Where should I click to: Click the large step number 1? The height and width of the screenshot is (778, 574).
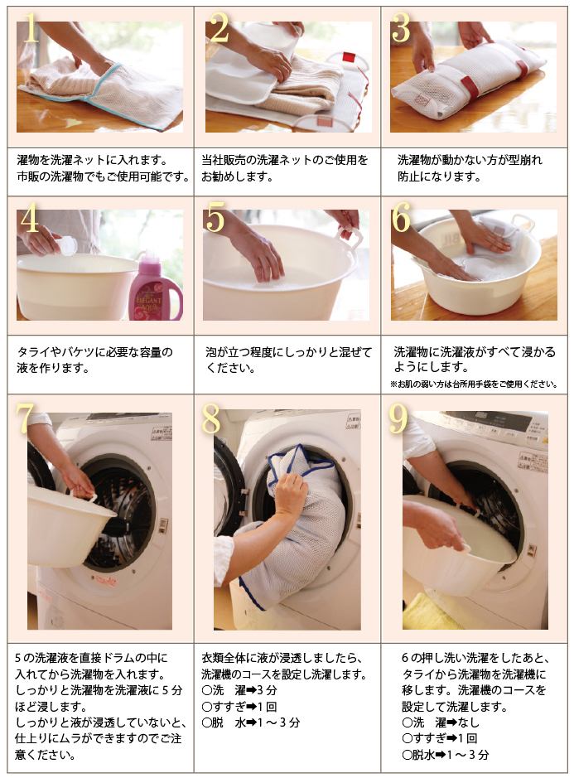tap(31, 28)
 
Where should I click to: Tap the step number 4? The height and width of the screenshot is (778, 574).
tap(30, 218)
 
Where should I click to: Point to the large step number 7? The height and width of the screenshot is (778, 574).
tap(25, 418)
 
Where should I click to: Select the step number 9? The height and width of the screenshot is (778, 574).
tap(398, 418)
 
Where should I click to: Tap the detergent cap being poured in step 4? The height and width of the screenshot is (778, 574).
tap(69, 246)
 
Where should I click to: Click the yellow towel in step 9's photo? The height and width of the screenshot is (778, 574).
tap(426, 611)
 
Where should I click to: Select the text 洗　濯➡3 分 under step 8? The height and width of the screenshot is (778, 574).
tap(239, 690)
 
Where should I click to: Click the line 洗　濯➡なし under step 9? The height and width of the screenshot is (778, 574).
tap(441, 722)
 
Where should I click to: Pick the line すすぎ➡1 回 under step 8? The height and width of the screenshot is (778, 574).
tap(239, 707)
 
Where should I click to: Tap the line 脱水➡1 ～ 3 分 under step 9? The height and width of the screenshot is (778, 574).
tap(446, 755)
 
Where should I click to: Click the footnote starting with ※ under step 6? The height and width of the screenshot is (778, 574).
tap(474, 384)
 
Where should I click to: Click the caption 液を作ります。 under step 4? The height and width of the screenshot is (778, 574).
tap(53, 368)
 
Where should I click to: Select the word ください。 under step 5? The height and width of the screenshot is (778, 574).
tap(231, 368)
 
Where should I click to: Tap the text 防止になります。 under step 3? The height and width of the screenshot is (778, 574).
tap(440, 176)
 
